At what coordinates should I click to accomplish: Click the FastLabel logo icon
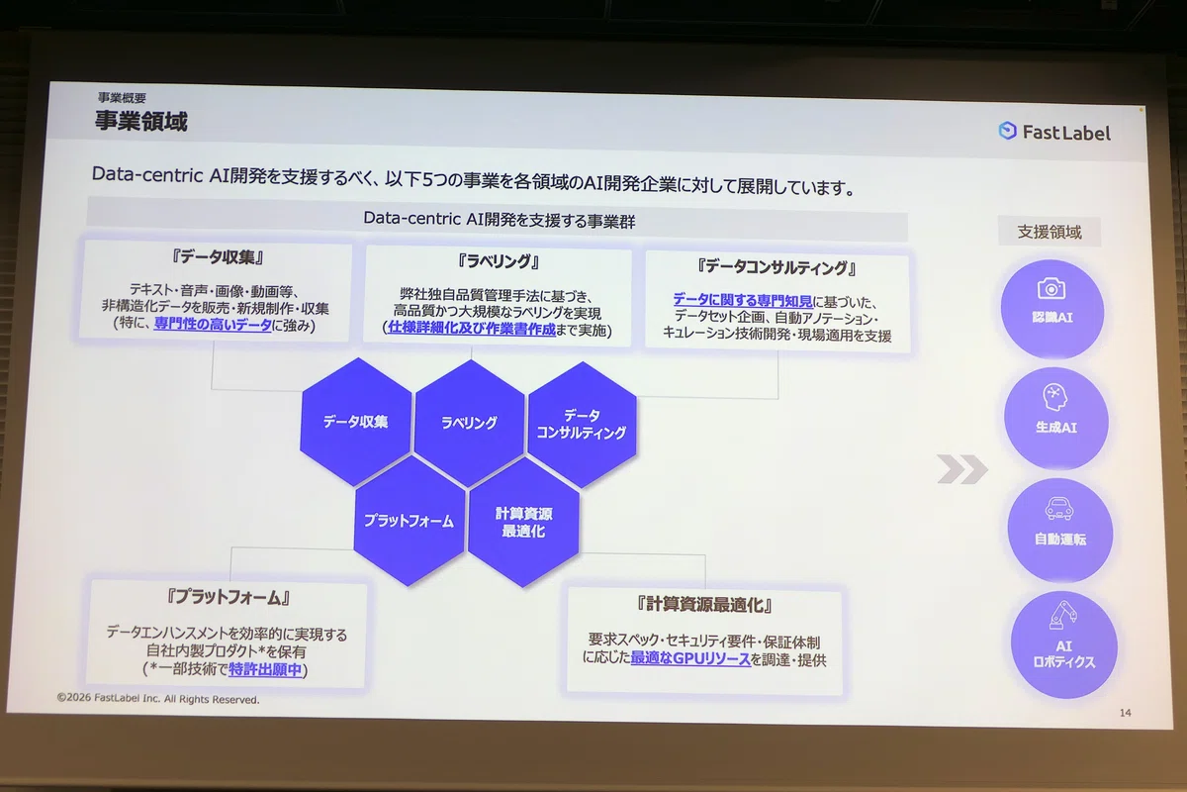pyautogui.click(x=1007, y=131)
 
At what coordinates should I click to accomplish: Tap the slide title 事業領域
pyautogui.click(x=140, y=121)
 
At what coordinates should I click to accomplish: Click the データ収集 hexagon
pyautogui.click(x=355, y=422)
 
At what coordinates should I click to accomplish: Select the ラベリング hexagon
pyautogui.click(x=470, y=423)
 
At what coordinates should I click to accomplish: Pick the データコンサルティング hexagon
pyautogui.click(x=582, y=425)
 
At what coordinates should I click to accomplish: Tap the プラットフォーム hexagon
pyautogui.click(x=410, y=521)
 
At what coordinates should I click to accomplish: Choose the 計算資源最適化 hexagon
pyautogui.click(x=523, y=523)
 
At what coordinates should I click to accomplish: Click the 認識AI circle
pyautogui.click(x=1051, y=309)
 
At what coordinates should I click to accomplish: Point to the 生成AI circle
pyautogui.click(x=1055, y=419)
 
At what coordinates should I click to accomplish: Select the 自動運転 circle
pyautogui.click(x=1059, y=530)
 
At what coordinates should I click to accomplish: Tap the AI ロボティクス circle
pyautogui.click(x=1064, y=645)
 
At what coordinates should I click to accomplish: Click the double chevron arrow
pyautogui.click(x=962, y=469)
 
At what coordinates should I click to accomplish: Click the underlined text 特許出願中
pyautogui.click(x=265, y=669)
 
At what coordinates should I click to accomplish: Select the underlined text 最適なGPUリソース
pyautogui.click(x=690, y=659)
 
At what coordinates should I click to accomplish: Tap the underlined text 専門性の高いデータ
pyautogui.click(x=213, y=324)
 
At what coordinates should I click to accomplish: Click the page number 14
pyautogui.click(x=1126, y=713)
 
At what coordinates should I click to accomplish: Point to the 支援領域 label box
pyautogui.click(x=1050, y=232)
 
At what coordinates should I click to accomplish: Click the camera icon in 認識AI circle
pyautogui.click(x=1051, y=288)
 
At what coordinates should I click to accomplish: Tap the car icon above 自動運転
pyautogui.click(x=1058, y=509)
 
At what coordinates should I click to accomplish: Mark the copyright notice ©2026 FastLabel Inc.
pyautogui.click(x=158, y=699)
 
